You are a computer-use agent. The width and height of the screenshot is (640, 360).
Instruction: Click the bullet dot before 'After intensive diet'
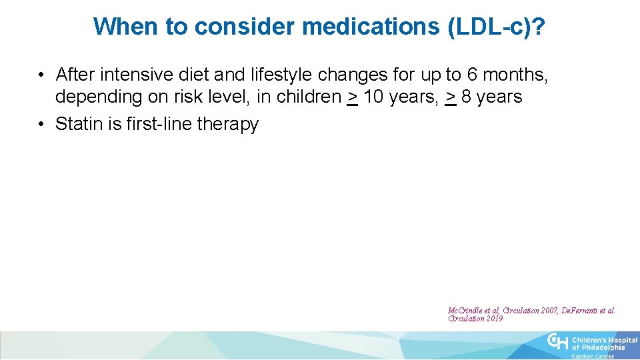pos(41,73)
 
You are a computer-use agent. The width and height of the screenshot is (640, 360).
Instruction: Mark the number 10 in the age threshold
pos(373,97)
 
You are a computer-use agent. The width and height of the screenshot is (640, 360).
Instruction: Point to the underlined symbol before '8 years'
pos(451,97)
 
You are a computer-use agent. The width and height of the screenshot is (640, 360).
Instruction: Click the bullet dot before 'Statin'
pos(41,125)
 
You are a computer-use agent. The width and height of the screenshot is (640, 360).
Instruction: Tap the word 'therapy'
pos(229,125)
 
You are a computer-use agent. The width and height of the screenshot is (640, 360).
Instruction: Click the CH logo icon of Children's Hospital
pos(557,342)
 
